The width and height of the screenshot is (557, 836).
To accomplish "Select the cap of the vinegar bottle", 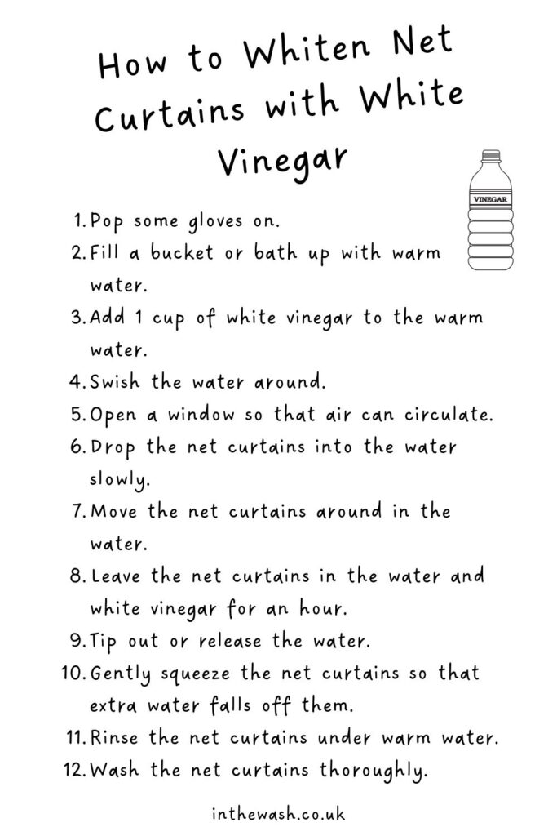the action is pyautogui.click(x=490, y=155).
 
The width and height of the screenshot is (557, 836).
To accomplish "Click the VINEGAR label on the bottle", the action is pyautogui.click(x=490, y=200).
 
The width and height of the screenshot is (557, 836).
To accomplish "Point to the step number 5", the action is pyautogui.click(x=77, y=414).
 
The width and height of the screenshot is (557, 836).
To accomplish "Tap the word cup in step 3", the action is pyautogui.click(x=168, y=319).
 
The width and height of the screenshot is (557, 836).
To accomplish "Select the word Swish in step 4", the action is pyautogui.click(x=114, y=382).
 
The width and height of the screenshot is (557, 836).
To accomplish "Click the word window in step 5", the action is pyautogui.click(x=201, y=414).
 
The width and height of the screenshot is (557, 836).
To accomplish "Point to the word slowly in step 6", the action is pyautogui.click(x=120, y=479).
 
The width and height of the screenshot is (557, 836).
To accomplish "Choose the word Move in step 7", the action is pyautogui.click(x=115, y=511).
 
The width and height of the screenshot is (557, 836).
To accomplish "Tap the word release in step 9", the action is pyautogui.click(x=230, y=641).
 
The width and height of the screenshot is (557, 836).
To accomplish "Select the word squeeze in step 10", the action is pyautogui.click(x=196, y=674).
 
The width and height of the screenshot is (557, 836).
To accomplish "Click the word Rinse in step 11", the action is pyautogui.click(x=114, y=738).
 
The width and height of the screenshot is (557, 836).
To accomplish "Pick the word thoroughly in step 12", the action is pyautogui.click(x=374, y=771).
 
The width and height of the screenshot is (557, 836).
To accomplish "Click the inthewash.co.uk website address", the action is pyautogui.click(x=278, y=814).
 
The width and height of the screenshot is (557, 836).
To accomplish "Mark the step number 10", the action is pyautogui.click(x=73, y=673).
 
